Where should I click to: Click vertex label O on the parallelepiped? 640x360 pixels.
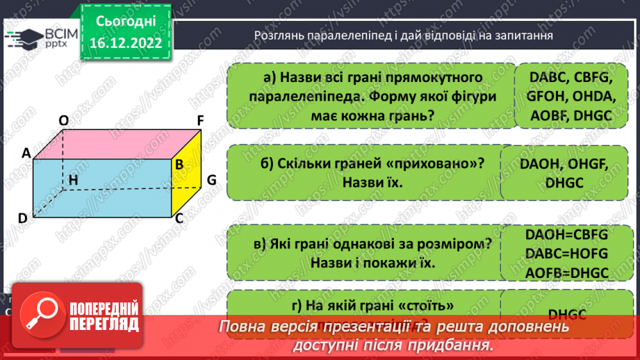pos(64,121)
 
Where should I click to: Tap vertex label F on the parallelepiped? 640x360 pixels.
pos(199,120)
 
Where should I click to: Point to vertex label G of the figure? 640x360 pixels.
pos(212,180)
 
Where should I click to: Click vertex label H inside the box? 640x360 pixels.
pos(72,181)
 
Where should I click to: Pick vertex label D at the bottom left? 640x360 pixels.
pos(22,218)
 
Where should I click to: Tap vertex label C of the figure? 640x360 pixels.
pos(179,218)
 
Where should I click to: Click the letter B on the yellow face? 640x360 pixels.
pos(179,165)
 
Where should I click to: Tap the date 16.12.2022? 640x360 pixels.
pos(125,43)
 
